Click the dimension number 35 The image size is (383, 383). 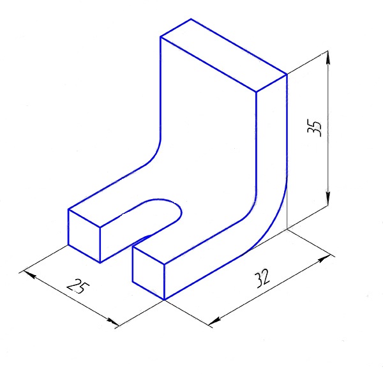coord(315,128)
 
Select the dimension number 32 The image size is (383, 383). coord(262,278)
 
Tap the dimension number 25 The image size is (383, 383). coord(78,286)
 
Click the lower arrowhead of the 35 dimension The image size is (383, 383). coord(328,199)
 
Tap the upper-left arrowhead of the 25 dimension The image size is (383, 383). coord(29,274)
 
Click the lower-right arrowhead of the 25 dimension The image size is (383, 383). coord(112,322)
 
